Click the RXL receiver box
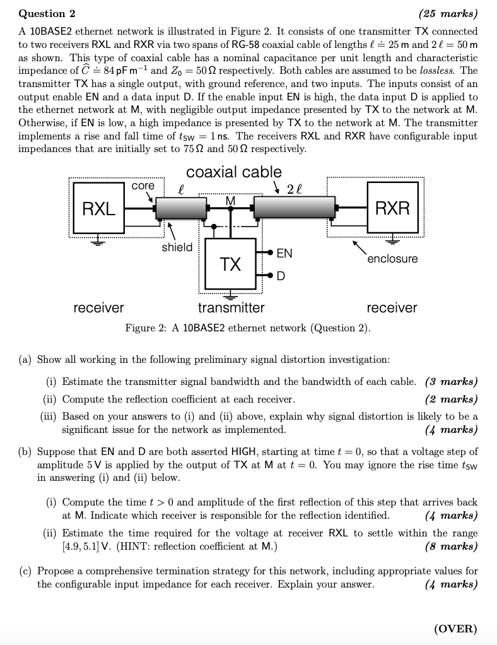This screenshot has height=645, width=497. (x=99, y=208)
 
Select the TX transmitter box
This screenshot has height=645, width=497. (x=230, y=263)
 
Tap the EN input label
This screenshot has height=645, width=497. (x=284, y=253)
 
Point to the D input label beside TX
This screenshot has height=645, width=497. (x=281, y=276)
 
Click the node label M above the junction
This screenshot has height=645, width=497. (x=230, y=200)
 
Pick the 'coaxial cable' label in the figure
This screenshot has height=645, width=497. (x=234, y=172)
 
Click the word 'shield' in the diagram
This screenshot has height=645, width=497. (x=177, y=247)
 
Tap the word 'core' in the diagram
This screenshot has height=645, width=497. (x=143, y=186)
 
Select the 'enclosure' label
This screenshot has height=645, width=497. (x=392, y=259)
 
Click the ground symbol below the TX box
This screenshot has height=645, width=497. (x=230, y=295)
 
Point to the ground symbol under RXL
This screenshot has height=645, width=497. (x=99, y=241)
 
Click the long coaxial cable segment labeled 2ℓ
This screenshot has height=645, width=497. (x=294, y=207)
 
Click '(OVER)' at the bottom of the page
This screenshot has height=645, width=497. (x=455, y=629)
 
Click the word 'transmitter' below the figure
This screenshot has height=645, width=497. (x=231, y=308)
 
